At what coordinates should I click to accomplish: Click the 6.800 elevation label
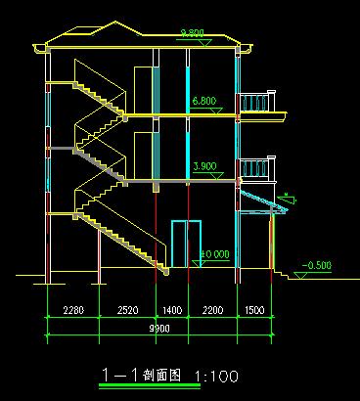click(204, 100)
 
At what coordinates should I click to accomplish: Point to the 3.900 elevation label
click(204, 166)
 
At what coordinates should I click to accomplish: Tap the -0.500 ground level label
click(318, 265)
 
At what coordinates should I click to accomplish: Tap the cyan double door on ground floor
click(185, 245)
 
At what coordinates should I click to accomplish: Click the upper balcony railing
click(259, 103)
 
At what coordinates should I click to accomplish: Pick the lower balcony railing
click(259, 168)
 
